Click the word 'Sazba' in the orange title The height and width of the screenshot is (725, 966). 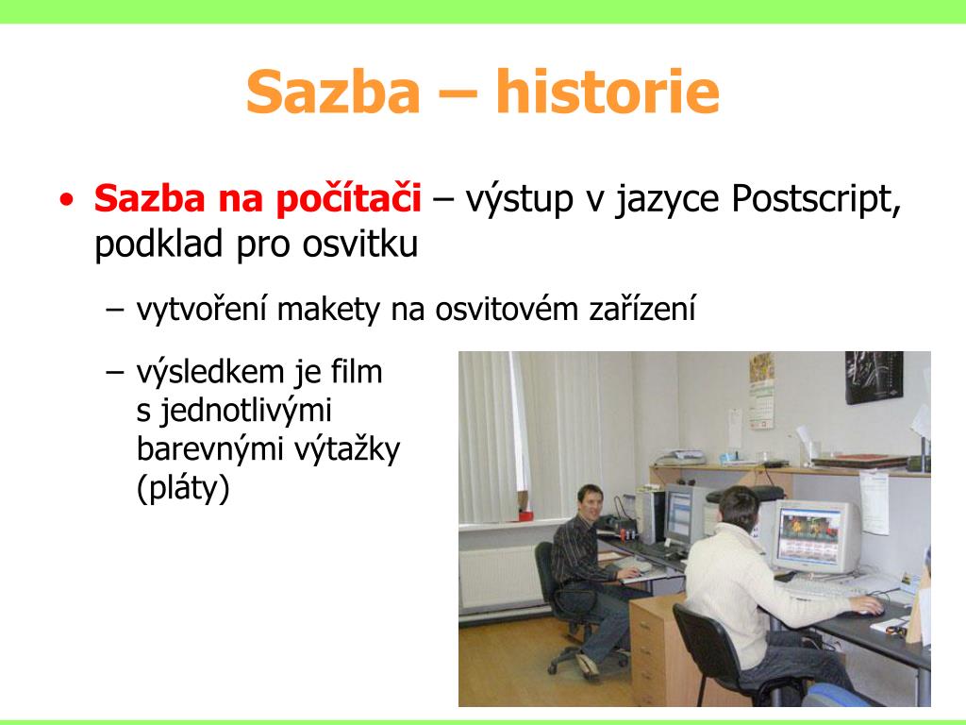click(333, 92)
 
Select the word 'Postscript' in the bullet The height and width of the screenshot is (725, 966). click(816, 200)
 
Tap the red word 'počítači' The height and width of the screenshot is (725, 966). click(348, 200)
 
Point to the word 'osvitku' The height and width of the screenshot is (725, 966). click(359, 244)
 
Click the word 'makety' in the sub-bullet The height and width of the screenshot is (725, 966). click(327, 310)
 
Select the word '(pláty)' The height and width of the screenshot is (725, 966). click(183, 488)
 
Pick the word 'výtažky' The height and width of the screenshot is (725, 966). click(347, 450)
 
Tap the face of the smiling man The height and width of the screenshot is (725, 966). click(591, 502)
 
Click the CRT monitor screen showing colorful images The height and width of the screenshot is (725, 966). click(809, 534)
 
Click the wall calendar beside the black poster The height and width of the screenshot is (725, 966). click(761, 391)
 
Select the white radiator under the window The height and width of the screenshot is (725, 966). click(500, 577)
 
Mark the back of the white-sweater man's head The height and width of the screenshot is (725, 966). click(741, 507)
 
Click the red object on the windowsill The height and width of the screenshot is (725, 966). click(525, 514)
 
